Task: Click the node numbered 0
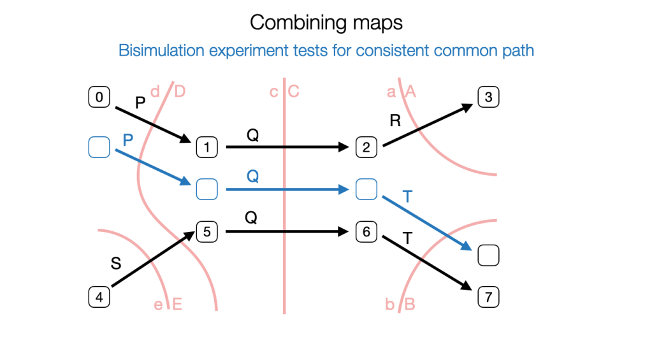pos(99,97)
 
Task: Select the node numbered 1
pos(207,148)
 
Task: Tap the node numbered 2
pos(366,148)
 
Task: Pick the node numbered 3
pos(488,97)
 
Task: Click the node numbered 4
pos(99,297)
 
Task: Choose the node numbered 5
pos(207,233)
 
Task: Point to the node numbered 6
pos(366,233)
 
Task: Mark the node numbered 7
pos(488,297)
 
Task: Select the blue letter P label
pos(127,140)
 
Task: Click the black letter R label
pos(395,121)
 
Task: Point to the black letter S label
pos(116,263)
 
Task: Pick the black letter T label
pos(408,238)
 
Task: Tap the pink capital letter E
pos(178,305)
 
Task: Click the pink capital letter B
pos(410,305)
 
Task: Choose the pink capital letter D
pos(180,92)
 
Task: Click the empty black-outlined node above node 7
pos(488,256)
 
